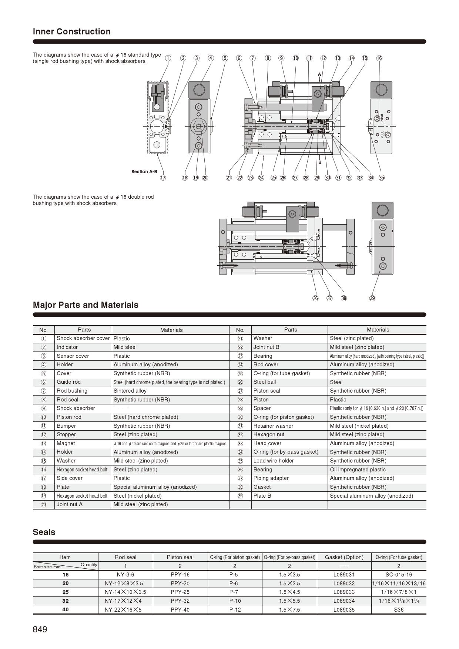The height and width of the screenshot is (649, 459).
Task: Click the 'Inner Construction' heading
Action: tap(71, 31)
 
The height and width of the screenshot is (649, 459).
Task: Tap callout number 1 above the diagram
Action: tap(168, 58)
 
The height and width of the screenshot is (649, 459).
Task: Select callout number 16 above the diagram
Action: tap(379, 58)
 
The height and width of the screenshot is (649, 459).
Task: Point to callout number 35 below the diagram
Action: tap(381, 178)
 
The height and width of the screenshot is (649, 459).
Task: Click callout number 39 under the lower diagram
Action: tap(372, 298)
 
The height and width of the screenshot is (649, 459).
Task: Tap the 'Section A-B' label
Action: tap(144, 171)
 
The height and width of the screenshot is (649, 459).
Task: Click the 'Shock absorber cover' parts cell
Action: tap(83, 338)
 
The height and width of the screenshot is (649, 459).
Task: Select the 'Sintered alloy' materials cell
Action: tap(130, 391)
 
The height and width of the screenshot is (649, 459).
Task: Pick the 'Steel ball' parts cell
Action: tap(265, 382)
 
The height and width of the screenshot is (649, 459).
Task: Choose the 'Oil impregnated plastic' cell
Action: tap(358, 470)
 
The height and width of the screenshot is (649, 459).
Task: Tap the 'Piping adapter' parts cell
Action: tap(271, 478)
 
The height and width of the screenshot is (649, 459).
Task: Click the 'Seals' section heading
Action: tap(44, 532)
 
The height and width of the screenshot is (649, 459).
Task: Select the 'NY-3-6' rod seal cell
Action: tap(125, 575)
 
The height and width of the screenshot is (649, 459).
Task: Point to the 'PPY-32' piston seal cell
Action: tap(180, 601)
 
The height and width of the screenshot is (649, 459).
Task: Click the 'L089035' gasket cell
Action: tap(344, 609)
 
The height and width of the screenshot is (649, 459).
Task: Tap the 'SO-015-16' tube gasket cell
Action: tap(398, 575)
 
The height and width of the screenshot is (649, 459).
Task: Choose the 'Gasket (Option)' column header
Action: tap(344, 557)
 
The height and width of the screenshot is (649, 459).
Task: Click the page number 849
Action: tap(40, 629)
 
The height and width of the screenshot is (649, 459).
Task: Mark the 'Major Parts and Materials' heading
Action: tap(86, 305)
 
